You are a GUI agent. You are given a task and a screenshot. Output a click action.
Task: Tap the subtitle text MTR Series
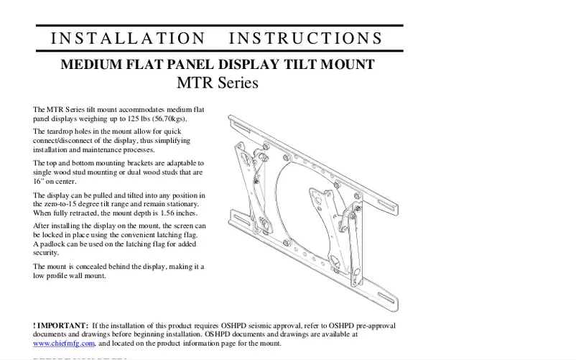point(217,83)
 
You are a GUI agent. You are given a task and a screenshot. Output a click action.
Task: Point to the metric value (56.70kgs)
point(169,119)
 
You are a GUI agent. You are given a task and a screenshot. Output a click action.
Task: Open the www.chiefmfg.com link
point(65,343)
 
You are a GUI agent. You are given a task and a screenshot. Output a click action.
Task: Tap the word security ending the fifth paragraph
point(46,253)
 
